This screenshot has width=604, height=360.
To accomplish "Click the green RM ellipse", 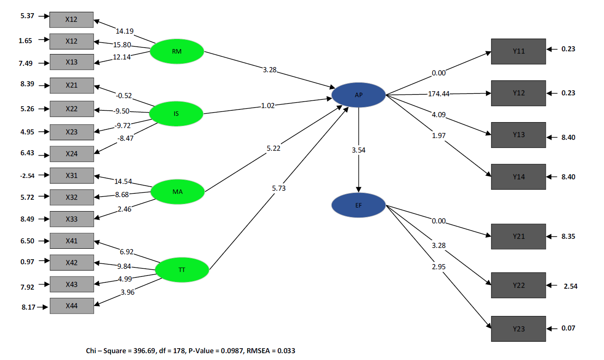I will pyautogui.click(x=177, y=51).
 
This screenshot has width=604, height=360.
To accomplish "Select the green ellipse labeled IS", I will pyautogui.click(x=176, y=113).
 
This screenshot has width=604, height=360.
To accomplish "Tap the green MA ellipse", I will pyautogui.click(x=177, y=192).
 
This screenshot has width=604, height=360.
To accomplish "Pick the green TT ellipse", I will pyautogui.click(x=182, y=270).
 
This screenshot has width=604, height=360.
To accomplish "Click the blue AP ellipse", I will pyautogui.click(x=358, y=95).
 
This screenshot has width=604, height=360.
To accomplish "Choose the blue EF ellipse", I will pyautogui.click(x=358, y=205).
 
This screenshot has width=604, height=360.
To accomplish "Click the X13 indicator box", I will pyautogui.click(x=71, y=62).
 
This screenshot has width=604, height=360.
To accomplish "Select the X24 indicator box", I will pyautogui.click(x=71, y=154).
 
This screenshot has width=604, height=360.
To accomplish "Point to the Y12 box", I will pyautogui.click(x=518, y=93).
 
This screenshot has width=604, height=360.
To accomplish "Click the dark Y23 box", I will pyautogui.click(x=518, y=329).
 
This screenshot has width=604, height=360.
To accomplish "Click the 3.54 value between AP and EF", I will pyautogui.click(x=358, y=150).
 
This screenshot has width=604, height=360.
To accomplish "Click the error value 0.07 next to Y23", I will pyautogui.click(x=568, y=328).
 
